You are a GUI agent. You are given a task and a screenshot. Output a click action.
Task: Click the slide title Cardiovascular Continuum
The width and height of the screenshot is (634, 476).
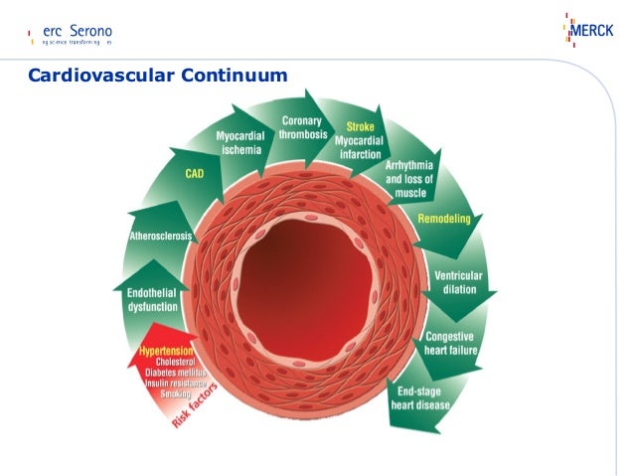click(x=157, y=76)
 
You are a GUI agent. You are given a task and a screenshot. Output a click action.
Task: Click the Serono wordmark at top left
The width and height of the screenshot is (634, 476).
click(x=90, y=30)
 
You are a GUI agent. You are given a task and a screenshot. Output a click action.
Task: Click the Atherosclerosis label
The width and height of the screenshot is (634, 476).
click(x=161, y=237)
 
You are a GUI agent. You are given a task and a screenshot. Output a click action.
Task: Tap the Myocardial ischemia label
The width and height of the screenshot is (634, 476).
click(x=241, y=142)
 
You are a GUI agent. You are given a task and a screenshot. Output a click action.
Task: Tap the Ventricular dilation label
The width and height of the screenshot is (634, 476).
click(x=455, y=282)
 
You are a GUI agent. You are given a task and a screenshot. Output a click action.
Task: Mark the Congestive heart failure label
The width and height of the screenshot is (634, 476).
click(x=450, y=344)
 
